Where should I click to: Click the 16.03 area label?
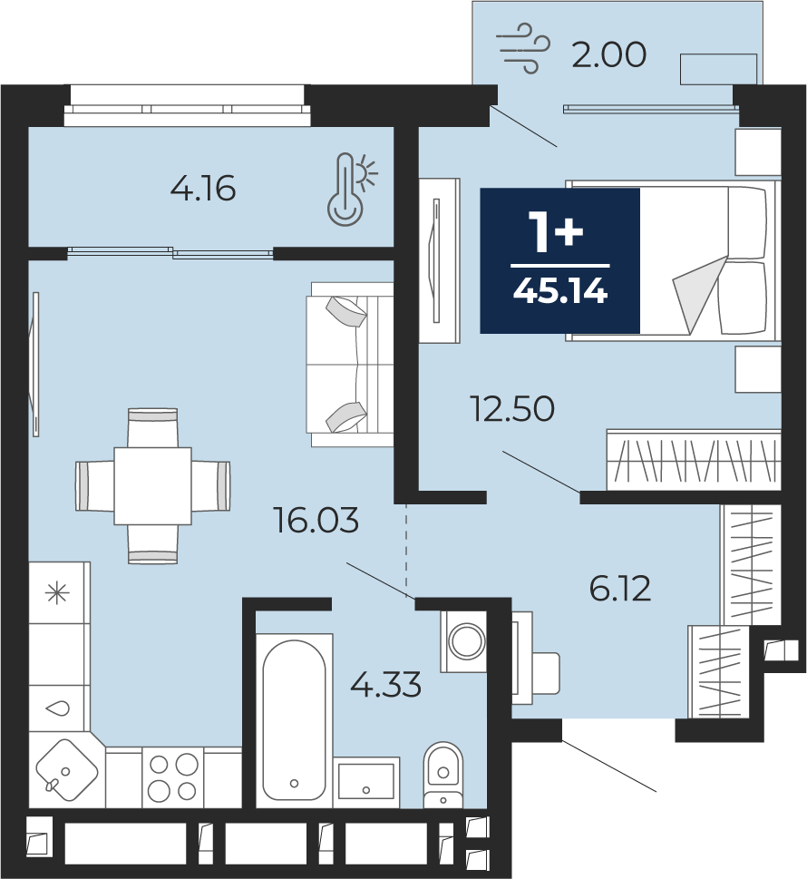coord(316,520)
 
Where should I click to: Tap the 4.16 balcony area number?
coord(203,189)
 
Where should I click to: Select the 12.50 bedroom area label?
coord(513,408)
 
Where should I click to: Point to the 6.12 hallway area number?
coord(620,589)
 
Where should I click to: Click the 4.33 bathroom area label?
coord(386,685)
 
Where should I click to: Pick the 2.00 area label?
coord(609,55)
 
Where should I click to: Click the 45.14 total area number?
coord(560,291)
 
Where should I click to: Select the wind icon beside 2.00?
coord(523,48)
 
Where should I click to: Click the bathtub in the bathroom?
coord(294,720)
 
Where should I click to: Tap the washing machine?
coord(464,640)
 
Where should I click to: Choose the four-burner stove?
coord(173,777)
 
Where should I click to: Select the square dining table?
coord(153,485)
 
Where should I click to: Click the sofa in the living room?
coord(350,365)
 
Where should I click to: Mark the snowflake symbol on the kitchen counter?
coord(58,593)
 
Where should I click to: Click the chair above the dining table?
coord(153,428)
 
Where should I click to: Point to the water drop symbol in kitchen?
coord(58,708)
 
